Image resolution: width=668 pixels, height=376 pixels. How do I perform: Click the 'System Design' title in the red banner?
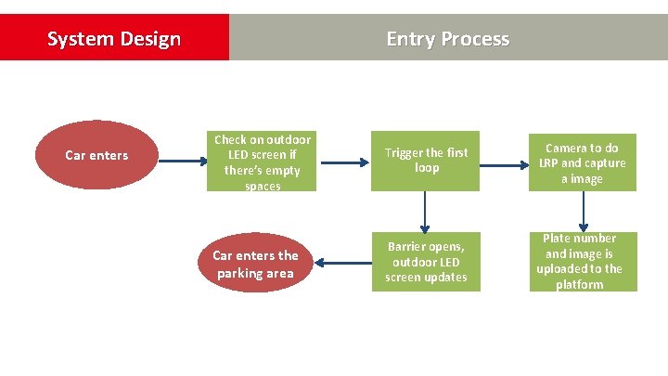tap(113, 39)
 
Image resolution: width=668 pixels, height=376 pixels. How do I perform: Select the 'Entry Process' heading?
tap(447, 39)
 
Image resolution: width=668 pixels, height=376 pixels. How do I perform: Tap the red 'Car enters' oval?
tap(96, 155)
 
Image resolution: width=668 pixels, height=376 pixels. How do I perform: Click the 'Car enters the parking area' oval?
tap(255, 264)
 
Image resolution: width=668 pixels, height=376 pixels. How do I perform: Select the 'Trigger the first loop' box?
tap(426, 161)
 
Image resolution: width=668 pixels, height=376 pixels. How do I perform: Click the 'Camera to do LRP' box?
tap(583, 162)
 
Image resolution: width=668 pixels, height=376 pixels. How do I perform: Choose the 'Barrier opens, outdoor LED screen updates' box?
tap(426, 262)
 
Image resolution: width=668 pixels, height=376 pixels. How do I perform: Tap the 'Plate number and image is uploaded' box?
tap(583, 262)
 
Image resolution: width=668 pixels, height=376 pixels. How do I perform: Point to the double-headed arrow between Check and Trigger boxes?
tap(343, 162)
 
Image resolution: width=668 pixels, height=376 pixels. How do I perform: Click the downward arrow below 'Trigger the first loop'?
tap(426, 212)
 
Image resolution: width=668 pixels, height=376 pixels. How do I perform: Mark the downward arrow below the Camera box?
tap(583, 212)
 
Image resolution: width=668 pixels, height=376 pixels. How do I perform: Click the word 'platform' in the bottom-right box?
tap(580, 285)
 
